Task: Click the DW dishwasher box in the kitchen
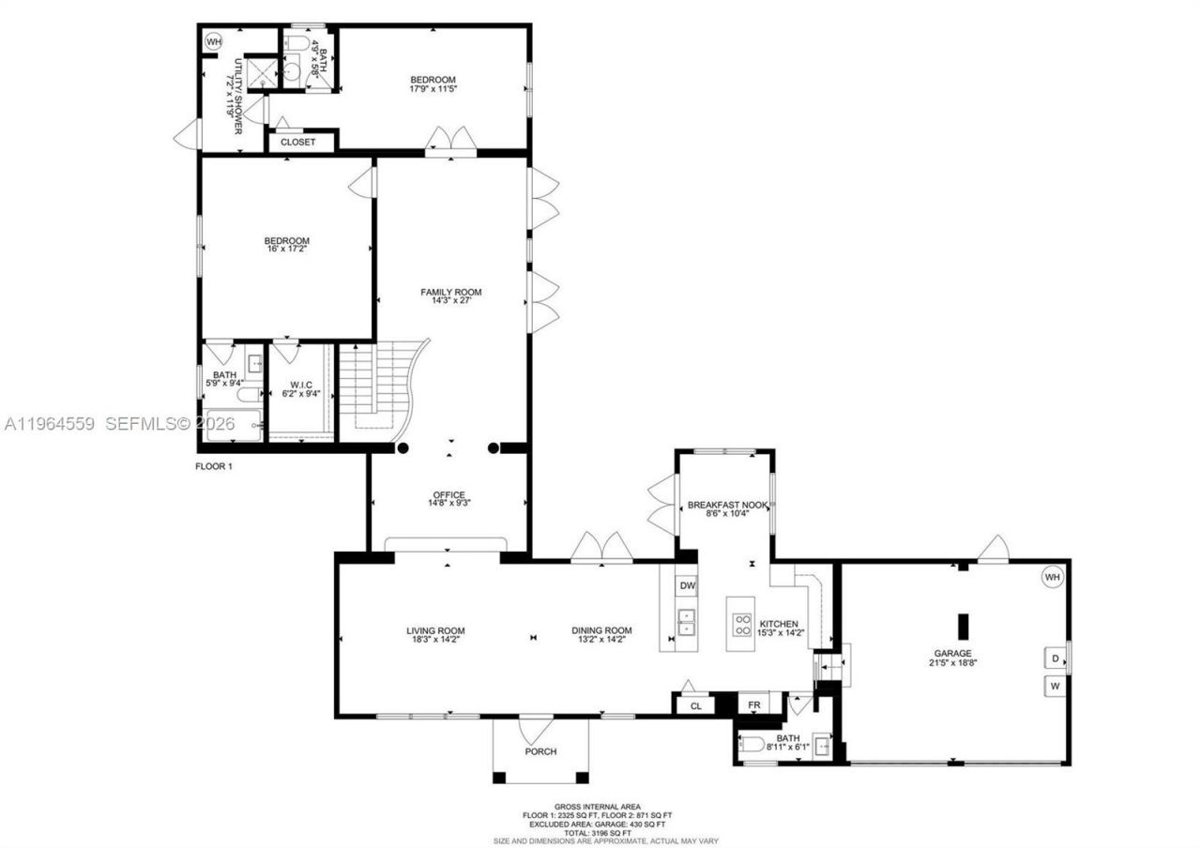pos(687,586)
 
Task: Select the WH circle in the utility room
pos(213,42)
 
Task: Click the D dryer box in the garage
pos(1055,659)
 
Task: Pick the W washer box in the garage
pos(1055,686)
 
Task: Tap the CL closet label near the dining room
pos(695,705)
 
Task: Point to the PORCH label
pos(540,751)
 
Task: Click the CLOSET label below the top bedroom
pos(298,142)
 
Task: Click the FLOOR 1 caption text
pos(213,466)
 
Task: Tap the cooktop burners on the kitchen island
pos(741,624)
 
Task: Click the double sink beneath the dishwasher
pos(687,622)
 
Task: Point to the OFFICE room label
pos(448,495)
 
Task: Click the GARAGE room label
pos(951,653)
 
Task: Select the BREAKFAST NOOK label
pos(728,505)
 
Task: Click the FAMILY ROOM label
pos(450,292)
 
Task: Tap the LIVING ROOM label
pos(435,630)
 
